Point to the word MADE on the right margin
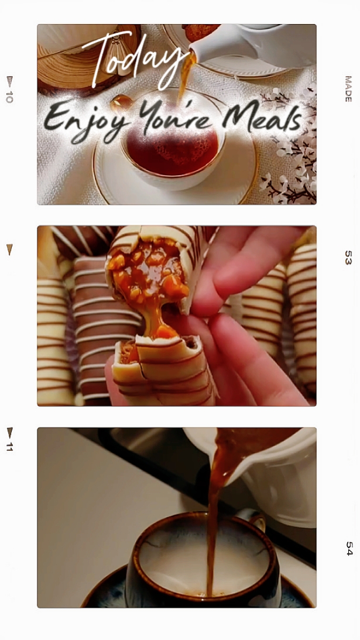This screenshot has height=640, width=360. tap(348, 88)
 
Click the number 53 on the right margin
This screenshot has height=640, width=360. tap(348, 258)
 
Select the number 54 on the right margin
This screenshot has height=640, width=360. tap(349, 549)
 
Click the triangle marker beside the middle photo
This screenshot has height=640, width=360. tap(9, 249)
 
